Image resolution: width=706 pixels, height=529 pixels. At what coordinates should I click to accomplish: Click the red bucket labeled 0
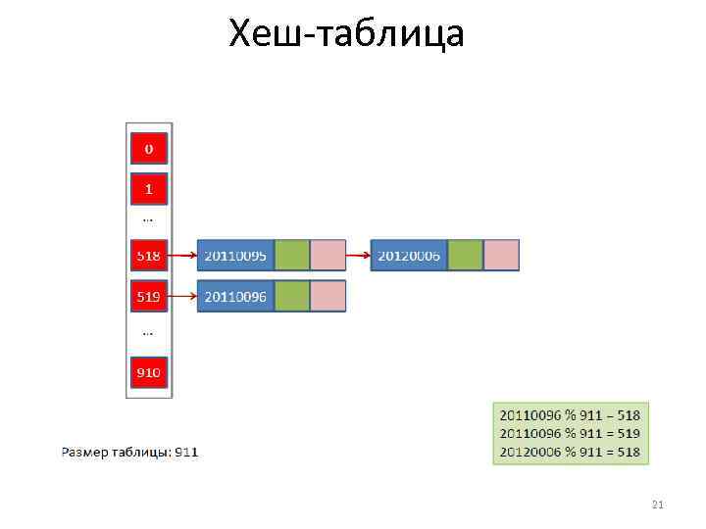coord(149,149)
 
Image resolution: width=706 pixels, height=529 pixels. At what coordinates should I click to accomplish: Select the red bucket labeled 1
coord(149,186)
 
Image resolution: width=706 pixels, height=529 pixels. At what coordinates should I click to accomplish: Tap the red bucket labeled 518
coord(149,256)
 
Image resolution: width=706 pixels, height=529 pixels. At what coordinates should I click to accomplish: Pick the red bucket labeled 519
coord(149,295)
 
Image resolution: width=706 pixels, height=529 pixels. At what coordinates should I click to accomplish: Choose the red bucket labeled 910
coord(149,372)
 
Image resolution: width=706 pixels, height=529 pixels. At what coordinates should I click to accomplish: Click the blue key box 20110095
coord(235,256)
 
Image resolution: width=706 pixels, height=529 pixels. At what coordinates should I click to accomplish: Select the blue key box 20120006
coord(408,256)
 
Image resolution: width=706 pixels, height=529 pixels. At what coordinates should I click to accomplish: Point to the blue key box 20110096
coord(235,295)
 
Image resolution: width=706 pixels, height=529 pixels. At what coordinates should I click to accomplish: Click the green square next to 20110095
coord(291,256)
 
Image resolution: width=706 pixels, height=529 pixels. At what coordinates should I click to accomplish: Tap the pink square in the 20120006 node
coord(501,256)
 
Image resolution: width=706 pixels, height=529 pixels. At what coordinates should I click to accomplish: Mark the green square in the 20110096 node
coord(291,295)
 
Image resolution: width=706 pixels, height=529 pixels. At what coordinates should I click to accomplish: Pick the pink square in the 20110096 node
coord(328,295)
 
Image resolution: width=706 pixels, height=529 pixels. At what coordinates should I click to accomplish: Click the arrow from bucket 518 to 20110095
coord(182,256)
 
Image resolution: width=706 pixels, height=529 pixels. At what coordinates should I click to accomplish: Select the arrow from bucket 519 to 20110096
coord(182,295)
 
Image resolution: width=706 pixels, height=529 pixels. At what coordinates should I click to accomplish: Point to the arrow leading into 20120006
coord(358,256)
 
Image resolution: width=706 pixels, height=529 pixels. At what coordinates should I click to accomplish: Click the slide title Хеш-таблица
coord(346,35)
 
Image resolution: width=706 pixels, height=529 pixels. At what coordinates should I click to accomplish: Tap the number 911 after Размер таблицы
coord(186,453)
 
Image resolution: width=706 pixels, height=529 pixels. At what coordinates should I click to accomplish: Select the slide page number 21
coord(658,505)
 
